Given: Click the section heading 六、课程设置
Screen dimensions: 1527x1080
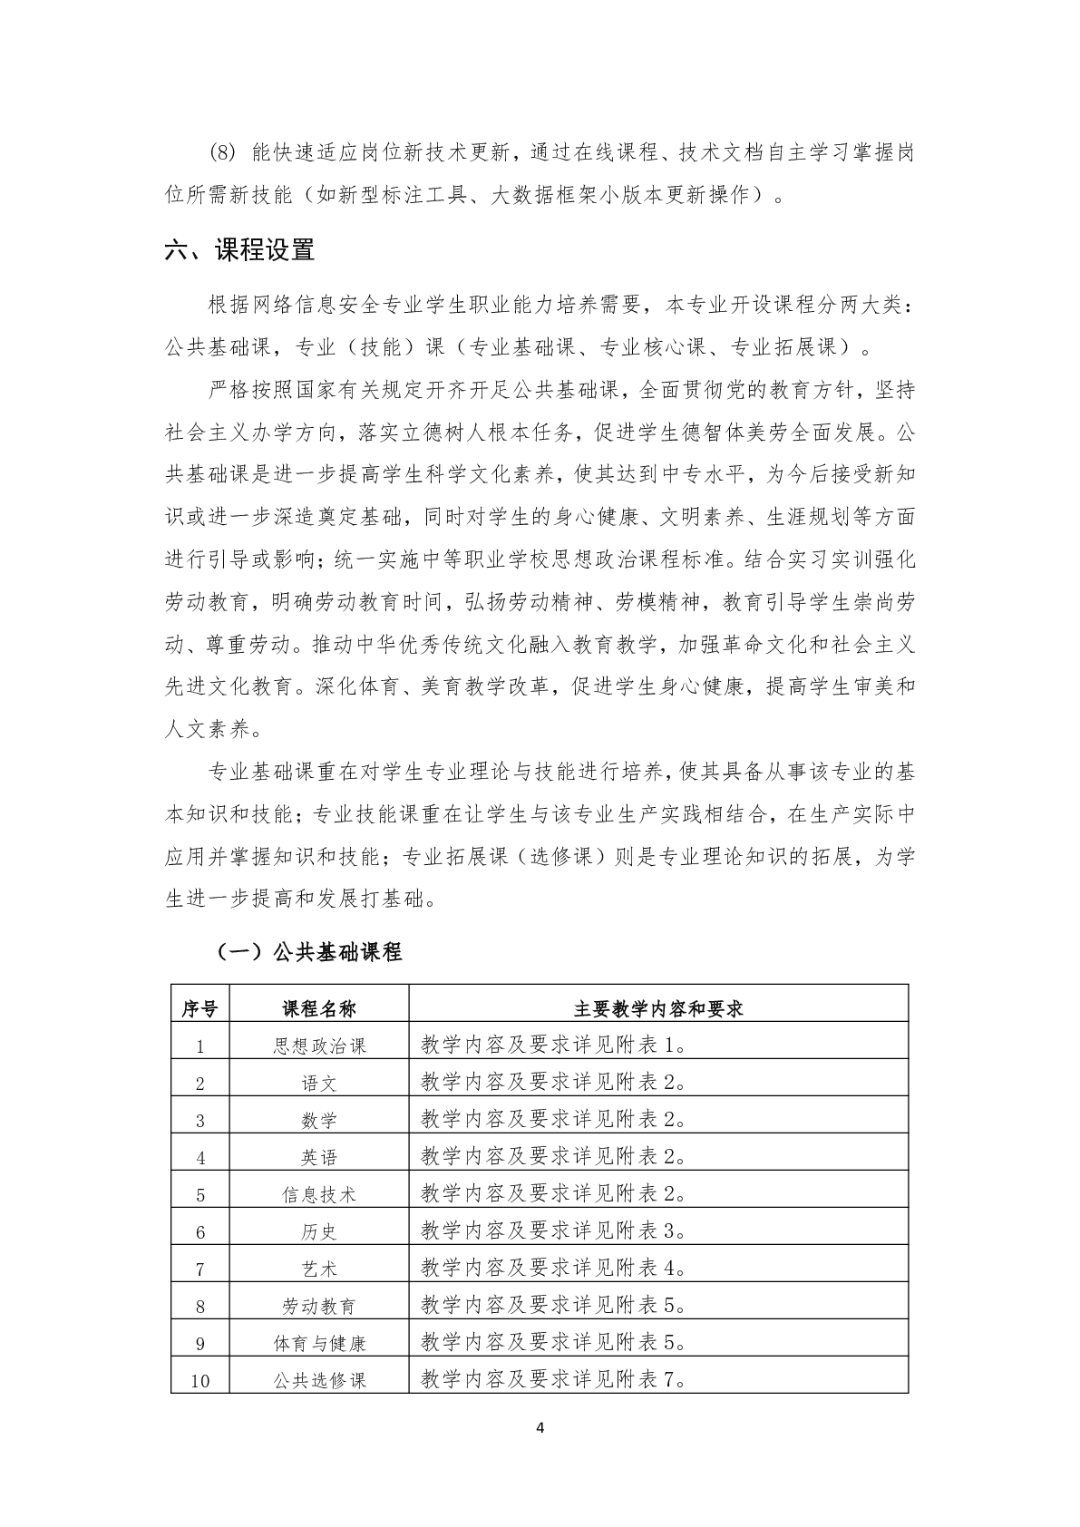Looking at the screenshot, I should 239,250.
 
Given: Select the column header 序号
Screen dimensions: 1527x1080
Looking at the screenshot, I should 199,1008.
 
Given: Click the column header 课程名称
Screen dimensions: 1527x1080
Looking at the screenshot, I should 319,1008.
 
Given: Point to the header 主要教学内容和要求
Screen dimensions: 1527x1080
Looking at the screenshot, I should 658,1008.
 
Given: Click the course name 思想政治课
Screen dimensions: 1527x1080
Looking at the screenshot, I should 319,1046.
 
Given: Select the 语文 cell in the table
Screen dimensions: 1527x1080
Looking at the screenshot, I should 319,1083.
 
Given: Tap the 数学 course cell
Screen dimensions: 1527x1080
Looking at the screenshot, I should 319,1120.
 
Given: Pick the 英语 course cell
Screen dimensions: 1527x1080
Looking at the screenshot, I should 319,1157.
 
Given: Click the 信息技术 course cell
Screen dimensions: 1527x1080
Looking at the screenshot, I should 319,1194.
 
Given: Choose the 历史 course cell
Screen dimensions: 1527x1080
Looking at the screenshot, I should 319,1231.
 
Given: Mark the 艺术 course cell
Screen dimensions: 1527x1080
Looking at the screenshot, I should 319,1269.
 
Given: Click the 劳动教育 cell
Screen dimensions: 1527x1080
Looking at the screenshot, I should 319,1306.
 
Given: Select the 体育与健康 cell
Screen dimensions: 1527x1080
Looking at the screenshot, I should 319,1343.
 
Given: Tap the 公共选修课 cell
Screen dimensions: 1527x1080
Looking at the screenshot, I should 319,1380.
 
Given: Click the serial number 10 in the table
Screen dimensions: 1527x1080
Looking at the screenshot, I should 199,1381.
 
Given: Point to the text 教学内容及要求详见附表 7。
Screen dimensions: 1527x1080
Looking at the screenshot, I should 554,1380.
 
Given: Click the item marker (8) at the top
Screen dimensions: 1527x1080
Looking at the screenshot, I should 222,152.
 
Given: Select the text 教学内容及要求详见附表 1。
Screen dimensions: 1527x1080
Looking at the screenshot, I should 554,1046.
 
